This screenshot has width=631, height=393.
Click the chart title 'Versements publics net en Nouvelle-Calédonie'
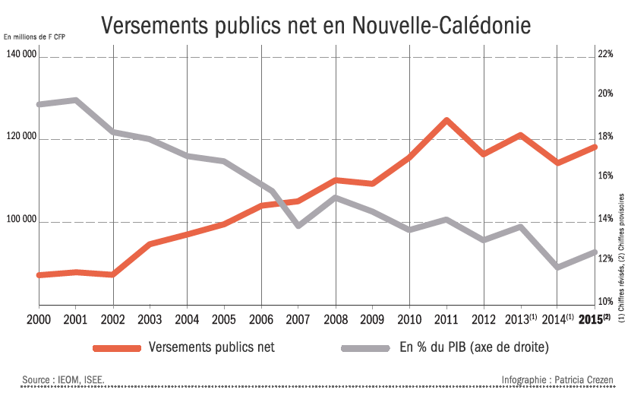coord(315,25)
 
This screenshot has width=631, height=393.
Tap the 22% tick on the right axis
coord(604,55)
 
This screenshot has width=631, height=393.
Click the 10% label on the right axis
coord(604,302)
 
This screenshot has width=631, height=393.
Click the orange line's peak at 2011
coord(446,120)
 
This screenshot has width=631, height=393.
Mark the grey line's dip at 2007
coord(298,226)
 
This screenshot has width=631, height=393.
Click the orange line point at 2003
coord(150,244)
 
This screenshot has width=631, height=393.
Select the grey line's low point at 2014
coord(558,267)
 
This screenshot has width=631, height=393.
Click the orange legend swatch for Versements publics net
coord(117,348)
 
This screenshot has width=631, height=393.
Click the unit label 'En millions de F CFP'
coord(33,36)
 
